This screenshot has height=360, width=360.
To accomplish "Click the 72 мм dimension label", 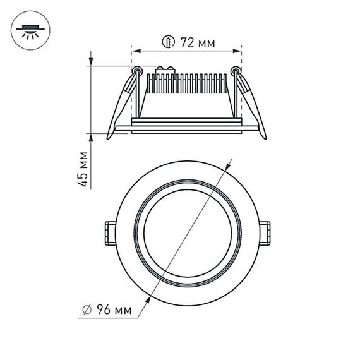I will coord(196,43).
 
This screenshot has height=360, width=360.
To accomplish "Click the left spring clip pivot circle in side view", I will coord(136,71).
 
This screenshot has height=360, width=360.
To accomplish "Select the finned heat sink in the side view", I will coord(186,88).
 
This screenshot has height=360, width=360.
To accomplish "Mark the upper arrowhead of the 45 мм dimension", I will coord(90,63).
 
